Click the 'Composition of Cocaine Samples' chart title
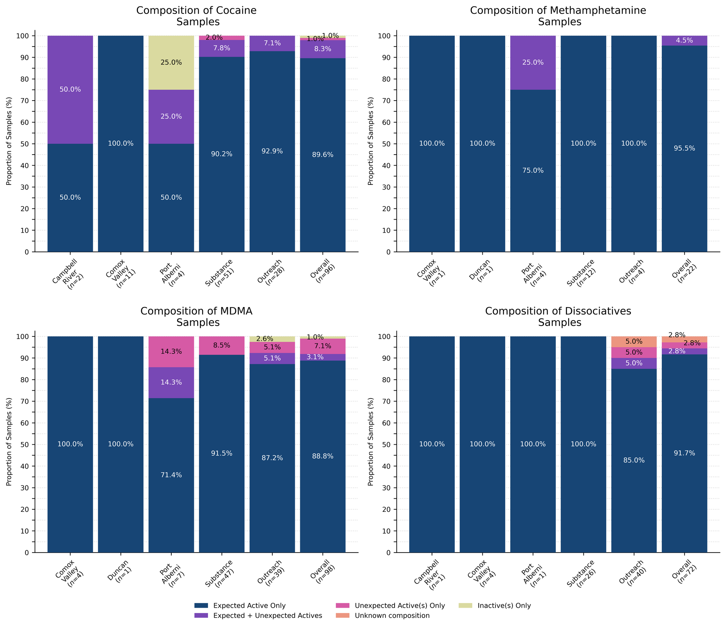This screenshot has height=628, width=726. pos(196,16)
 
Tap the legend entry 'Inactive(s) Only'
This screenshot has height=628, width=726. pos(504,605)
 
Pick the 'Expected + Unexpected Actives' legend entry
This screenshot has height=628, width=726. pos(268,615)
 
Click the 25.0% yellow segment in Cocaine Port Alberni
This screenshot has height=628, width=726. pos(171,62)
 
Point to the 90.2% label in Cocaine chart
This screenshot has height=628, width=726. pos(221,154)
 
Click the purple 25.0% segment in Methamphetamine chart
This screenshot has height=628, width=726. pos(533,62)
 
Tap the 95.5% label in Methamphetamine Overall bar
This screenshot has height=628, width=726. pos(684,148)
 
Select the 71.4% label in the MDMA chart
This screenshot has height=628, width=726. pos(171,475)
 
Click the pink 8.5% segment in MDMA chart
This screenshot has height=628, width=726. pos(221,346)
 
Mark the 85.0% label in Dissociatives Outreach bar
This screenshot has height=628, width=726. pos(634,460)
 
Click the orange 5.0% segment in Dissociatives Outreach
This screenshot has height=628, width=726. pos(634,342)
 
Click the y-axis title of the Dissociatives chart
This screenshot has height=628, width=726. pos(371,441)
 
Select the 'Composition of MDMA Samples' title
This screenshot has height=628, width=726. pos(196,317)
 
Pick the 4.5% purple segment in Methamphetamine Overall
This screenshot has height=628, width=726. pos(684,41)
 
